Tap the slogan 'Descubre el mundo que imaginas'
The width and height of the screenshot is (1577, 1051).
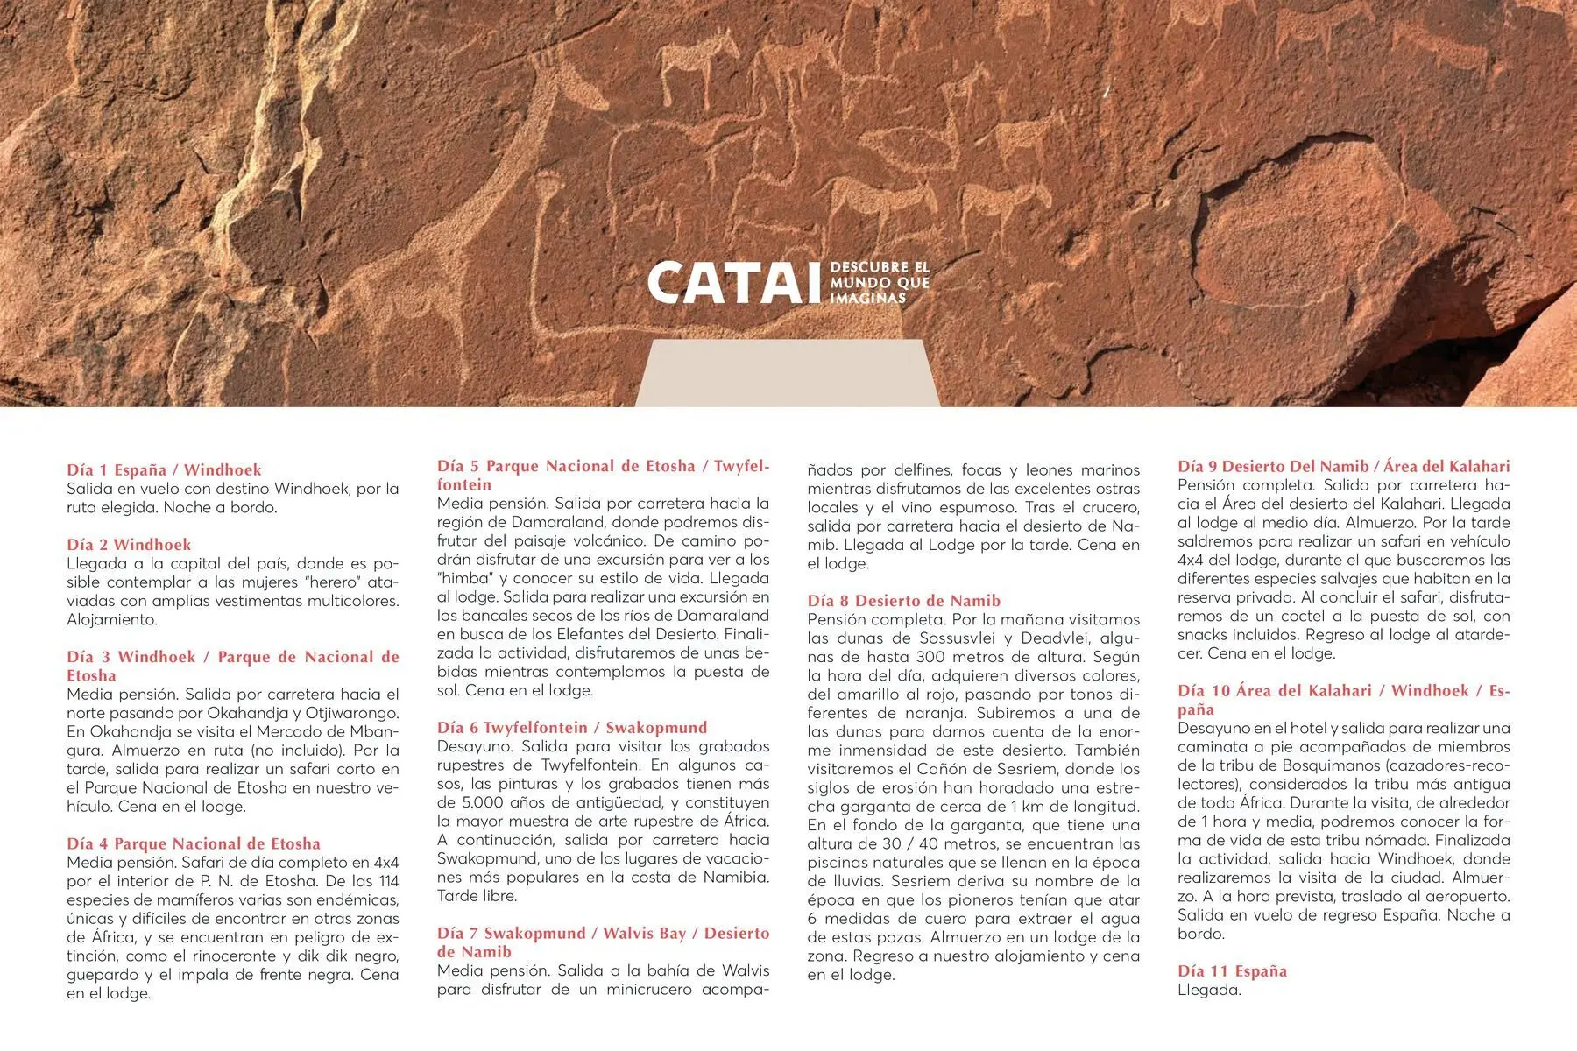879,282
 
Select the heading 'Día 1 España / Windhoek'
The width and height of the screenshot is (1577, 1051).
164,470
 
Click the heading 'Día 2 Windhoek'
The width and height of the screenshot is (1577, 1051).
129,545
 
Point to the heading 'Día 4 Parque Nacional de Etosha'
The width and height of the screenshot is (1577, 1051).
194,843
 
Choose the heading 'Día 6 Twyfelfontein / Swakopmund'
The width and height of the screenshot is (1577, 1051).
572,727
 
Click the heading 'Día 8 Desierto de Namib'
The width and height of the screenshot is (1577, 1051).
903,601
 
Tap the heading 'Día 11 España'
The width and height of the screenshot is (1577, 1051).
1232,970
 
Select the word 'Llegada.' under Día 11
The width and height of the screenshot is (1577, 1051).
1209,990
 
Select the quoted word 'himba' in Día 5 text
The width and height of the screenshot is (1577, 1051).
464,578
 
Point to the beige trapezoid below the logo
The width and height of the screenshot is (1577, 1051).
787,373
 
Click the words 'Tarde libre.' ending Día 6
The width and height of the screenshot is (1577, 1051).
477,896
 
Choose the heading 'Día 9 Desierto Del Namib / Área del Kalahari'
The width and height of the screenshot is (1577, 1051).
1343,466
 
